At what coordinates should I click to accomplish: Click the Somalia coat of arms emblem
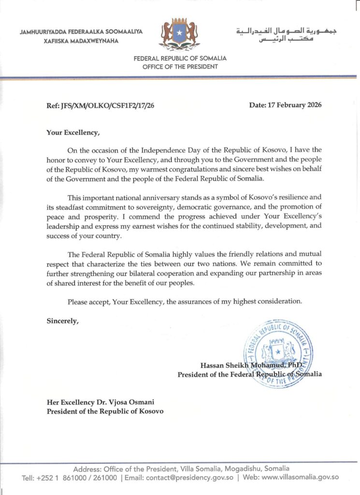point(180,34)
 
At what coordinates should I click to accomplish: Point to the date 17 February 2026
point(285,105)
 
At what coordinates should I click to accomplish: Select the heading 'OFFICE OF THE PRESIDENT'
point(180,67)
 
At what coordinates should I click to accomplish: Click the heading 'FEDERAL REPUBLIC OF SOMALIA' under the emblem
point(180,59)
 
